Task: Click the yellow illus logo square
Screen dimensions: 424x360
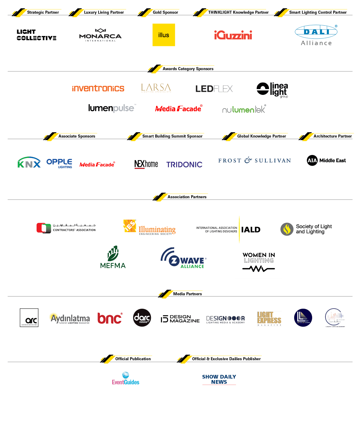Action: click(x=164, y=35)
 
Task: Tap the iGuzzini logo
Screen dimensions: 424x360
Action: click(x=233, y=35)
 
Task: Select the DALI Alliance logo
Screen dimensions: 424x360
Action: click(x=316, y=35)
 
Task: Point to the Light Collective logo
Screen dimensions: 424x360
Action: click(x=36, y=35)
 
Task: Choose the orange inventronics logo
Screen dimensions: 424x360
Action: click(x=98, y=88)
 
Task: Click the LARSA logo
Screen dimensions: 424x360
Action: click(x=156, y=88)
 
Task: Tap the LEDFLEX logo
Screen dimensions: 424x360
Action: click(x=214, y=89)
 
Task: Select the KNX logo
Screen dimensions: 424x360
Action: click(x=29, y=163)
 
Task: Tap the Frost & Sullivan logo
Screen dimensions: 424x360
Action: click(x=255, y=160)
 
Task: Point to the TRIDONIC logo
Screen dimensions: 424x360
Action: click(x=184, y=165)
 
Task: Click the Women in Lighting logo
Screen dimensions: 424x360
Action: click(x=258, y=264)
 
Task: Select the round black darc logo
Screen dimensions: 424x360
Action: click(x=142, y=318)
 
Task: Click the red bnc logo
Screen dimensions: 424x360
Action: click(x=110, y=318)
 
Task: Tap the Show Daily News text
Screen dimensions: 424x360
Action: click(x=219, y=379)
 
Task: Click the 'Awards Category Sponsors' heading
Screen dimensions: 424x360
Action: click(x=188, y=69)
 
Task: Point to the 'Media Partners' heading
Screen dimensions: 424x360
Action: click(x=187, y=294)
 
